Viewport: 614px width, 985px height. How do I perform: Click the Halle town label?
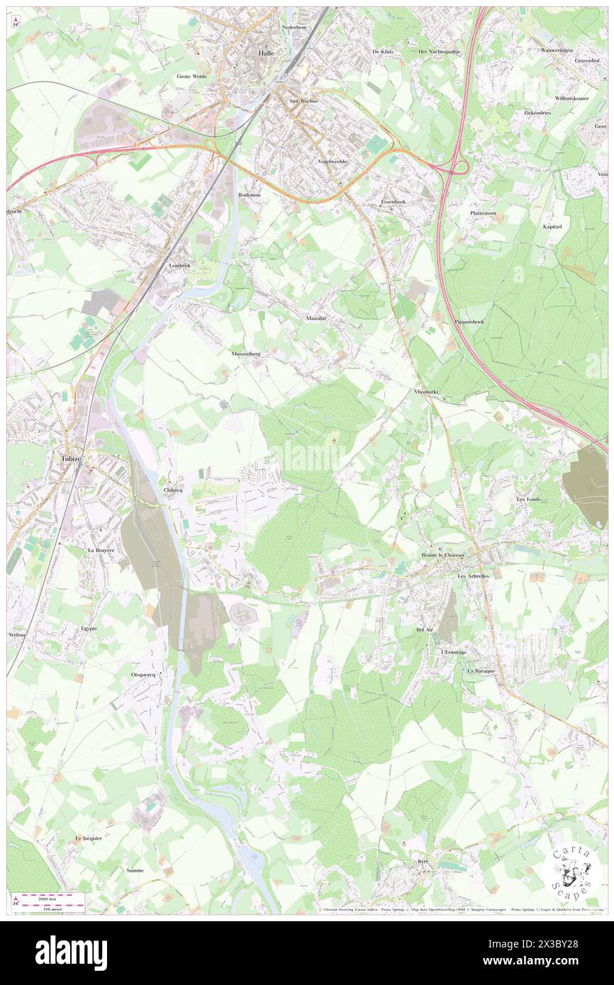[x=266, y=53]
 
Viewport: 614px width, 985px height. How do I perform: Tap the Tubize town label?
[x=68, y=458]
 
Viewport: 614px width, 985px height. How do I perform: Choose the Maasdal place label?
[x=316, y=319]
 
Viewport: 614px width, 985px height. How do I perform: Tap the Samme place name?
[x=134, y=870]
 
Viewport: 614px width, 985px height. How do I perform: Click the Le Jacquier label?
[x=89, y=838]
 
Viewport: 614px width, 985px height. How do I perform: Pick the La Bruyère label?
[x=101, y=550]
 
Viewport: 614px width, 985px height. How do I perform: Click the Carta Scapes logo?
[x=571, y=872]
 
